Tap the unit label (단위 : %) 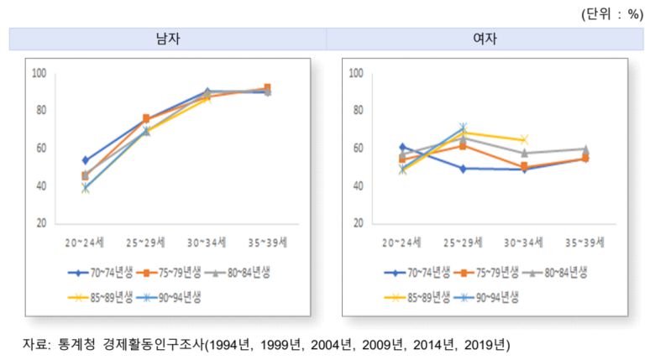click(611, 13)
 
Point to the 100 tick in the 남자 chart click(39, 73)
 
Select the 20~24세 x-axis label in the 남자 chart click(84, 243)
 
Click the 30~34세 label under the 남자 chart click(207, 243)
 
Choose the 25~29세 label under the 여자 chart click(460, 243)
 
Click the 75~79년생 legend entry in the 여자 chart click(492, 272)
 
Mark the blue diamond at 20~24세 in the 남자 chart click(85, 159)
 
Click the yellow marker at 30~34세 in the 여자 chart click(524, 139)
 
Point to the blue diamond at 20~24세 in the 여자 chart click(402, 147)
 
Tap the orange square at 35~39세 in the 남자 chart click(267, 88)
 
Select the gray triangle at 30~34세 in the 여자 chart click(524, 153)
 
